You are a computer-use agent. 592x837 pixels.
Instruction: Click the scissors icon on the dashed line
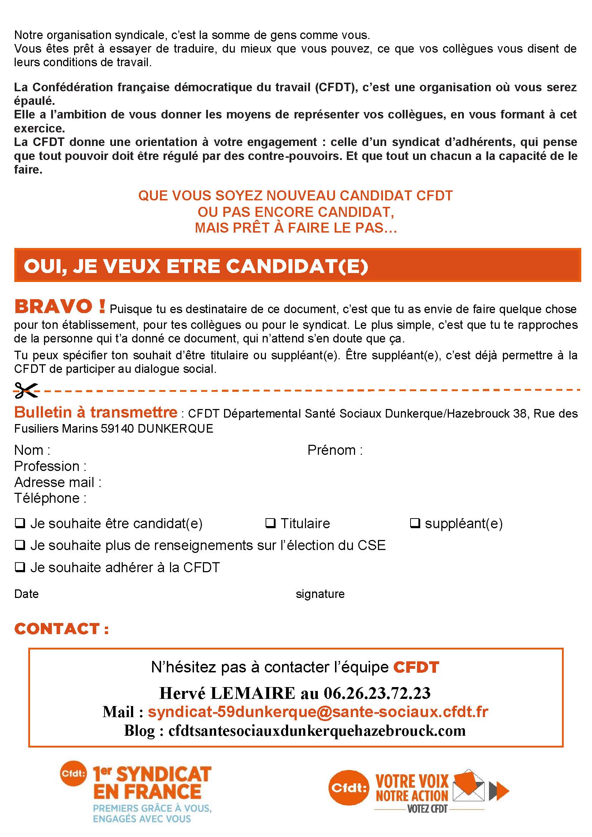(x=25, y=390)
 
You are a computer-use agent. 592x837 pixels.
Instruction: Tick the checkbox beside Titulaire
(x=270, y=524)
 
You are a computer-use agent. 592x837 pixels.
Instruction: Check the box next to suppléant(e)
(x=414, y=524)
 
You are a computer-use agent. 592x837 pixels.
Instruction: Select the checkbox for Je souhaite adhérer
(x=20, y=567)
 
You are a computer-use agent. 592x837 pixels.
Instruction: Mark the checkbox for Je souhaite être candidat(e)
(x=20, y=524)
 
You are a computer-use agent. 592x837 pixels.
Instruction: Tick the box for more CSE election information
(x=20, y=545)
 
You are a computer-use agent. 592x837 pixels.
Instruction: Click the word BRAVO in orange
(x=54, y=307)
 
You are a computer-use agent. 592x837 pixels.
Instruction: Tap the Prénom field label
(x=335, y=450)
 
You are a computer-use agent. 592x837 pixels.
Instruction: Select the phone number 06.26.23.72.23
(x=377, y=693)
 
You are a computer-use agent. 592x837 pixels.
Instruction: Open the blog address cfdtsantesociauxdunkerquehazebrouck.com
(x=317, y=730)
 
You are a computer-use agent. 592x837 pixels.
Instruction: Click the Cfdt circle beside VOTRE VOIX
(x=348, y=788)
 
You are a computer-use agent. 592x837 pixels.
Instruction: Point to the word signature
(x=320, y=594)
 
